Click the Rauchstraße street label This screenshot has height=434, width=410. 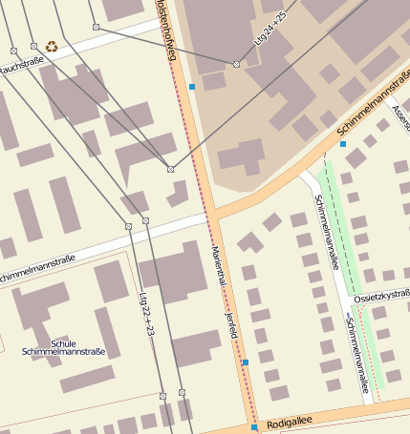tap(24, 68)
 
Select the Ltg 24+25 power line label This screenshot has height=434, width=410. tap(270, 31)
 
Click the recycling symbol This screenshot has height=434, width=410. tap(51, 45)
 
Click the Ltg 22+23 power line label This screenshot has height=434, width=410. tap(147, 316)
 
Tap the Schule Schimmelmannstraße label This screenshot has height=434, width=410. tap(63, 347)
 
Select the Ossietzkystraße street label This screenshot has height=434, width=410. tap(381, 298)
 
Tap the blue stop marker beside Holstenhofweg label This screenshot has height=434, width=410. tap(192, 87)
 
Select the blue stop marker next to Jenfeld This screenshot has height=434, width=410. tap(246, 362)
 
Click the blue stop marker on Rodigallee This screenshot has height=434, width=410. tap(254, 427)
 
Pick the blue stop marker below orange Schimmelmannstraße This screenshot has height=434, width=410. tap(343, 143)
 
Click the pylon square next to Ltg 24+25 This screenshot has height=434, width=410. tap(236, 64)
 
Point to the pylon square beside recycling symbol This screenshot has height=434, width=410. tap(34, 45)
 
